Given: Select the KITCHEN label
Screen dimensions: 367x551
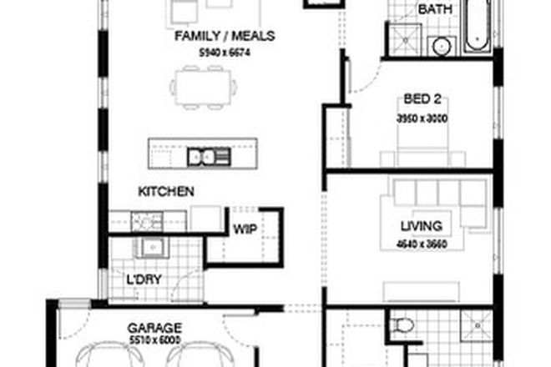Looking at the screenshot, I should point(166,192).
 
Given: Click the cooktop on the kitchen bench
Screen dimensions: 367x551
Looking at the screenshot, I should point(148,222).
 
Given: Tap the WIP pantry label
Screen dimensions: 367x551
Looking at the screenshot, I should point(244,229).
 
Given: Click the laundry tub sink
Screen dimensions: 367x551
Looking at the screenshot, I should point(153,247).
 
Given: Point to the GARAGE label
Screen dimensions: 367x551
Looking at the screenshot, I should point(154,328).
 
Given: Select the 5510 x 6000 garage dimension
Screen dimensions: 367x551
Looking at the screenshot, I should point(154,340).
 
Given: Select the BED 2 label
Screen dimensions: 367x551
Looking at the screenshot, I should point(422,104).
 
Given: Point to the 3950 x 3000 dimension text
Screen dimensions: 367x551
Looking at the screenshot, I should point(422,119).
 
